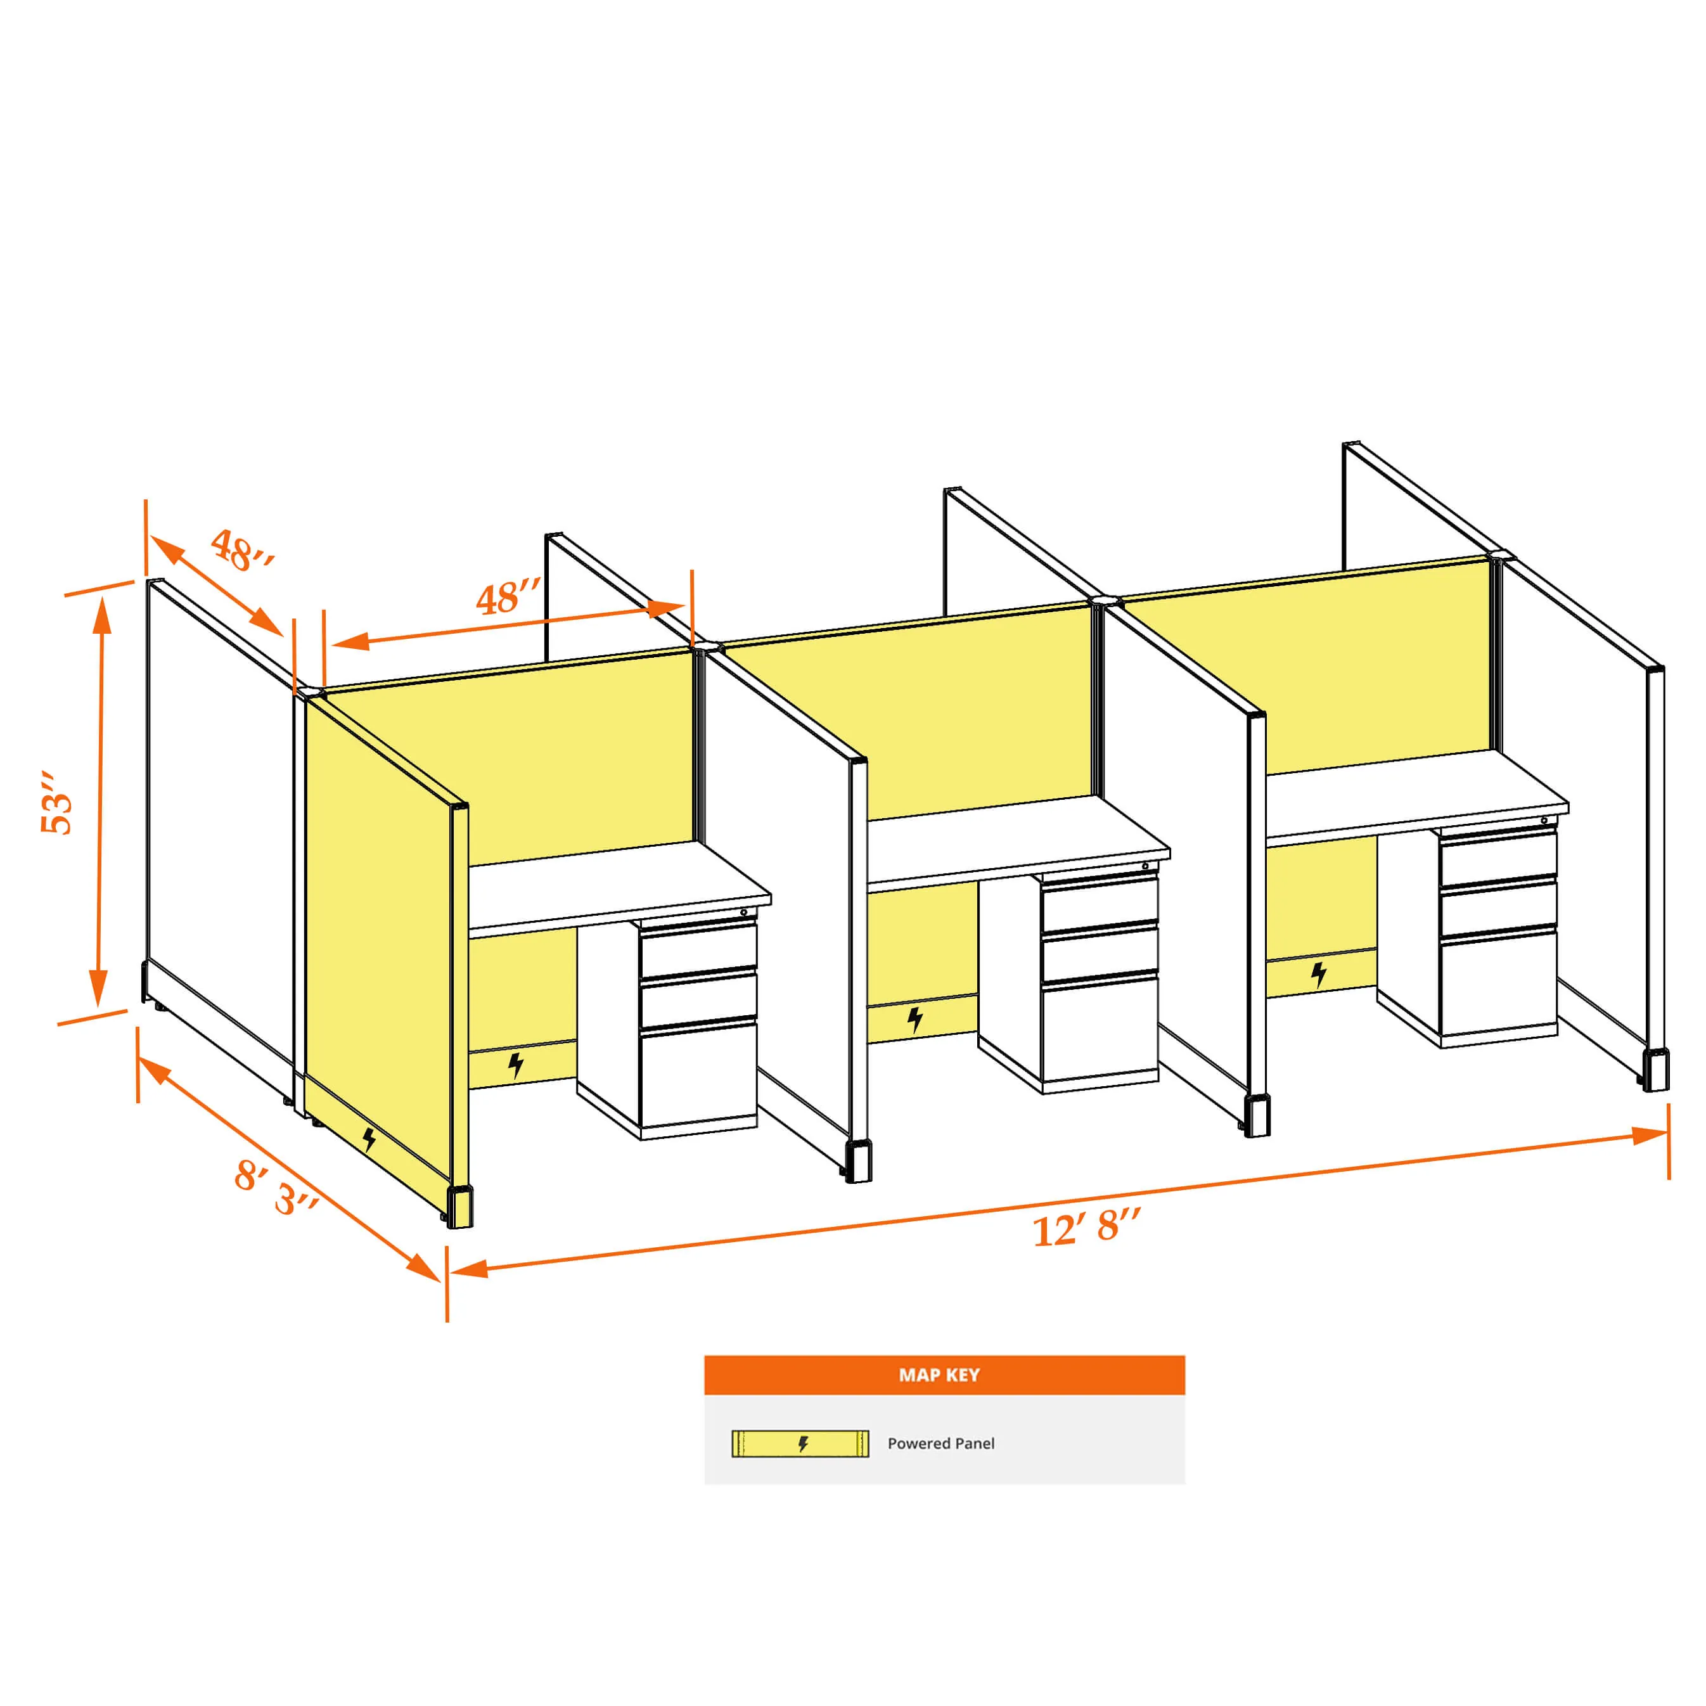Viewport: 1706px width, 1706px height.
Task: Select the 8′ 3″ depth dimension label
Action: [276, 1188]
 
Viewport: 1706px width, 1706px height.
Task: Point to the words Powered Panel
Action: [940, 1444]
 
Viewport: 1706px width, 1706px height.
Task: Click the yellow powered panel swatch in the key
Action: [800, 1444]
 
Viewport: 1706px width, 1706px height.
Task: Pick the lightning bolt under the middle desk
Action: [915, 1020]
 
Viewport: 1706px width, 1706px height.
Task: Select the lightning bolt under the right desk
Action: [1318, 975]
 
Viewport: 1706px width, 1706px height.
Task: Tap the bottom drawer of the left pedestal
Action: [698, 1075]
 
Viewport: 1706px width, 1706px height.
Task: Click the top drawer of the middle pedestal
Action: [1100, 902]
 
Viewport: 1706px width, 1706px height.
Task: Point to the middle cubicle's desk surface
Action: [1018, 840]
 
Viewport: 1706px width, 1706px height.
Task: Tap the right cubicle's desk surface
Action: [1416, 795]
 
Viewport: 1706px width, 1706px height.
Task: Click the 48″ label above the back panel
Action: [508, 598]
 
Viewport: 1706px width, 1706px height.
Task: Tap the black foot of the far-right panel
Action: [1656, 1070]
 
